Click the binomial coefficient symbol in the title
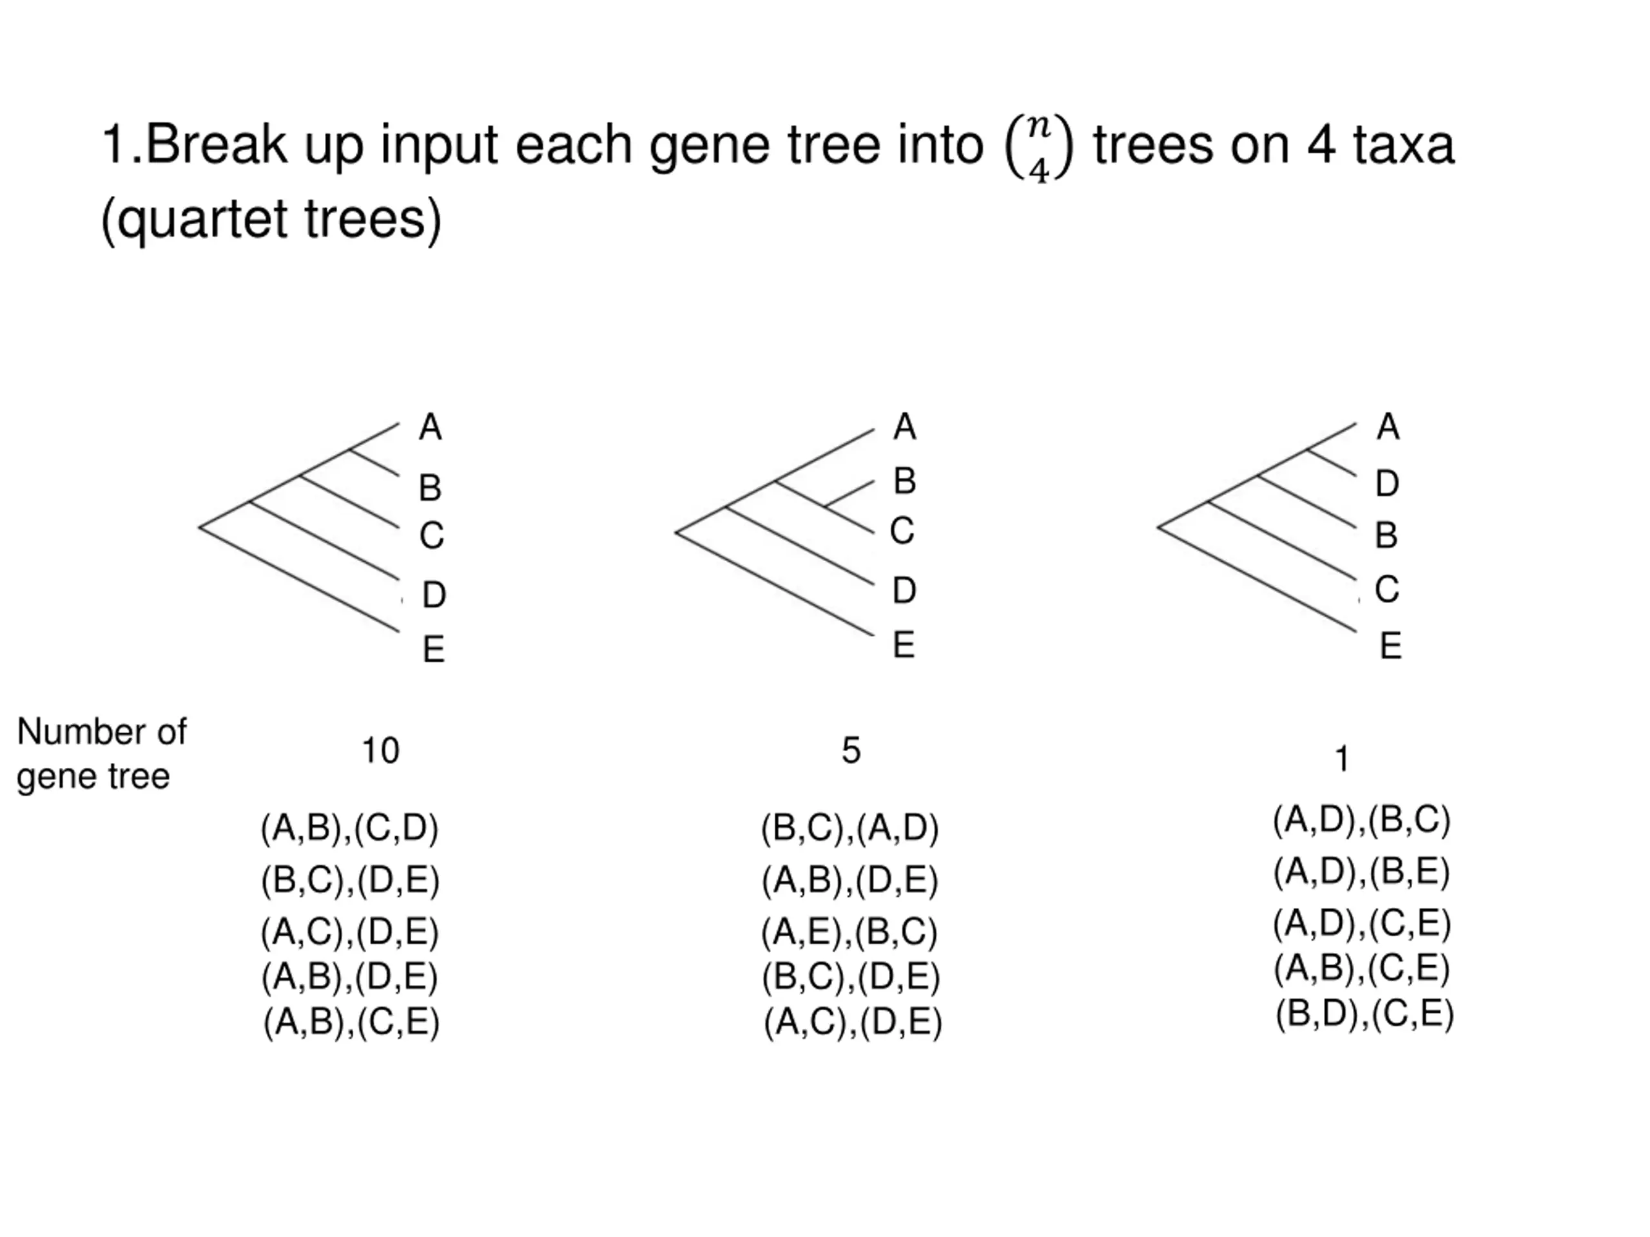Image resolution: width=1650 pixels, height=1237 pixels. (x=1038, y=148)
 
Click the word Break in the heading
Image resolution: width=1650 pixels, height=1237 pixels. (x=215, y=145)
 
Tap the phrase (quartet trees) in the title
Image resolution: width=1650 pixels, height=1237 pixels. (x=271, y=219)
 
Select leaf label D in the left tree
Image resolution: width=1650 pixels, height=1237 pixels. (x=433, y=595)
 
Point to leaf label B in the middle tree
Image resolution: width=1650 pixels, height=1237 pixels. (x=904, y=481)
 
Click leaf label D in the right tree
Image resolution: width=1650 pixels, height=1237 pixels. (x=1386, y=484)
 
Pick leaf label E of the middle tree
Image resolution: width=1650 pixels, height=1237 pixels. (x=904, y=645)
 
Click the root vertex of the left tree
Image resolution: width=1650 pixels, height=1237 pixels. (x=200, y=527)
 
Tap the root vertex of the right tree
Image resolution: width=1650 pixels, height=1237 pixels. (x=1158, y=527)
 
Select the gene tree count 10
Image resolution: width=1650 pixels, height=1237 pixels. (x=380, y=750)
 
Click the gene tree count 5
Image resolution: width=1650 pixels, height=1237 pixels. (x=851, y=750)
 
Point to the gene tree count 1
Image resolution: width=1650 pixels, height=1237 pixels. (x=1341, y=759)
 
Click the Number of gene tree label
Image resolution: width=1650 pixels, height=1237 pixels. (x=101, y=754)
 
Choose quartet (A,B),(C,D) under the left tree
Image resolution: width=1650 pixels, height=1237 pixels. (x=349, y=828)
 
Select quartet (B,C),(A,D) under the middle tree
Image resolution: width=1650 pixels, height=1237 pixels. (x=849, y=828)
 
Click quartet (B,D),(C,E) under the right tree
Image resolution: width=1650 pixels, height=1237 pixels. (x=1364, y=1013)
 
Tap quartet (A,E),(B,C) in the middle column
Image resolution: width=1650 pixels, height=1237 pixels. (x=849, y=932)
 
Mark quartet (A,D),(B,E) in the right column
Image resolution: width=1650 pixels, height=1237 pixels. (x=1361, y=871)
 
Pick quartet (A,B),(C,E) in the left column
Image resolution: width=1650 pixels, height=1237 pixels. (x=351, y=1022)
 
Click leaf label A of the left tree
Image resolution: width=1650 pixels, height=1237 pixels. (x=431, y=427)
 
